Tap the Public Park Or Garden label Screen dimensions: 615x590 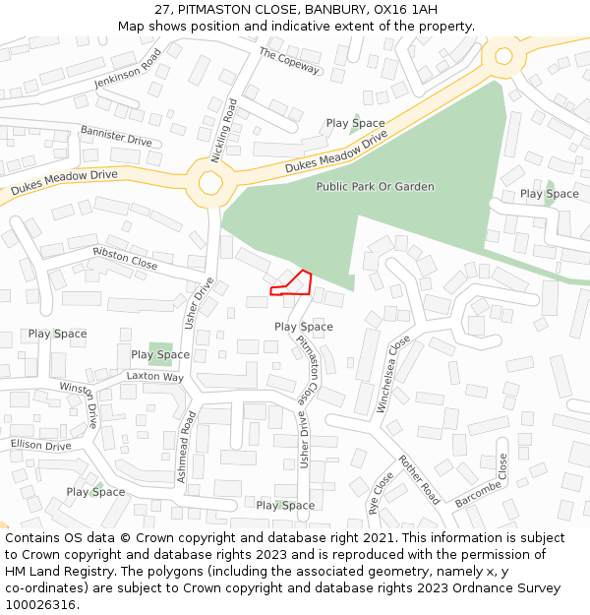pyautogui.click(x=375, y=186)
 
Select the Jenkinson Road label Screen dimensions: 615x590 pyautogui.click(x=127, y=69)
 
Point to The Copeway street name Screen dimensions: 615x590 pyautogui.click(x=289, y=61)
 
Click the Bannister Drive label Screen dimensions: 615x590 pyautogui.click(x=116, y=136)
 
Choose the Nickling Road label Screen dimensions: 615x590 pyautogui.click(x=224, y=130)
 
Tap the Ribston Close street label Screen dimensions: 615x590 pyautogui.click(x=125, y=259)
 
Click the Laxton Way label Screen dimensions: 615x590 pyautogui.click(x=154, y=377)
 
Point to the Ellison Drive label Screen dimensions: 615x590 pyautogui.click(x=41, y=445)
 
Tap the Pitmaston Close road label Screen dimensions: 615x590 pyautogui.click(x=308, y=370)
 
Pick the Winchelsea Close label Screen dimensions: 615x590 pyautogui.click(x=391, y=374)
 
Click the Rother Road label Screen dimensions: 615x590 pyautogui.click(x=418, y=479)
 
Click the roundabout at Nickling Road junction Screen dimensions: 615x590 pyautogui.click(x=209, y=182)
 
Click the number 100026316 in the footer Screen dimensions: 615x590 pyautogui.click(x=41, y=604)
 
